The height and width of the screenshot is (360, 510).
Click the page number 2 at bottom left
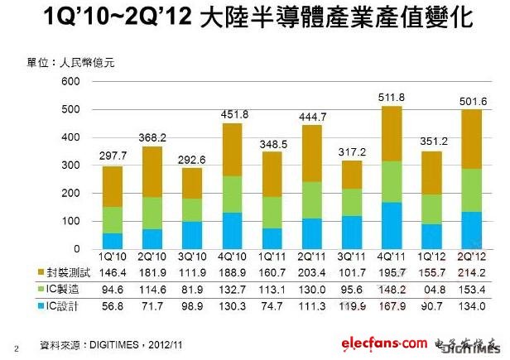[x=17, y=348]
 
